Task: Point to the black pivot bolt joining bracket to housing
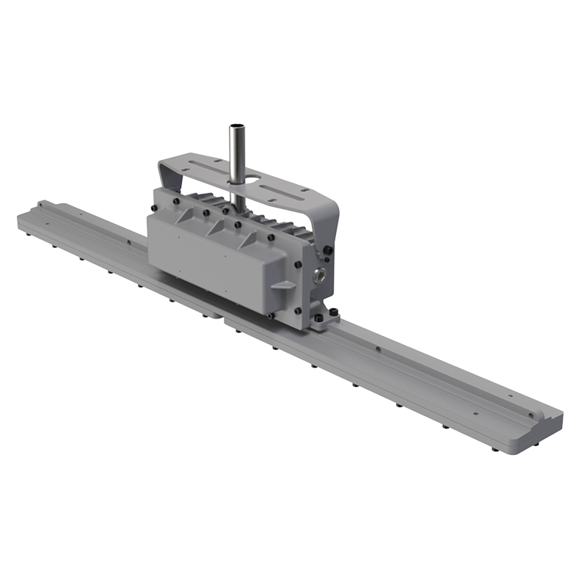point(327,250)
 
